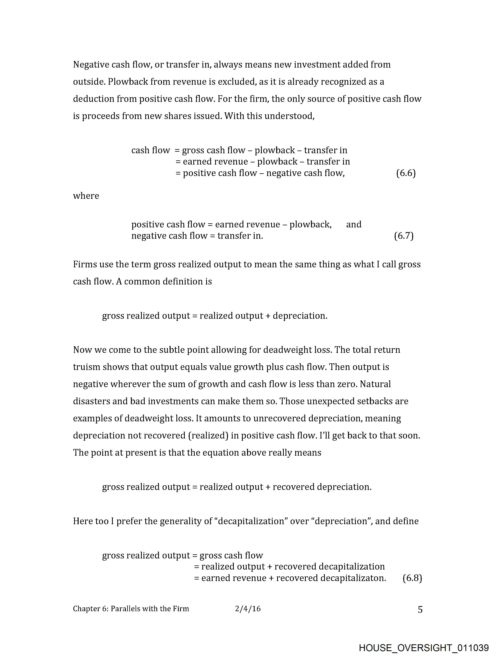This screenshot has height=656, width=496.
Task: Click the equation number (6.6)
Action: click(406, 173)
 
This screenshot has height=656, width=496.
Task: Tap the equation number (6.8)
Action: click(412, 578)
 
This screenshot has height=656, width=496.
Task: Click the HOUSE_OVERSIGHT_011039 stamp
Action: click(423, 648)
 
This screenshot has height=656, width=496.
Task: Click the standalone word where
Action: click(86, 196)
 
